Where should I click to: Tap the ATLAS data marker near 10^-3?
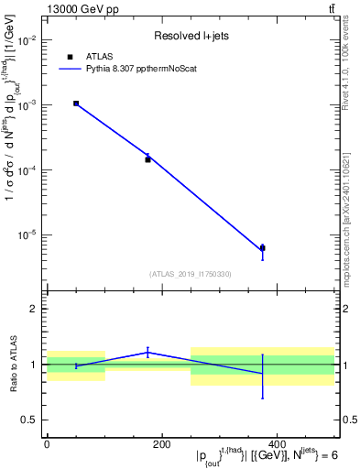(76, 104)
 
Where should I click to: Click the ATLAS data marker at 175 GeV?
(147, 159)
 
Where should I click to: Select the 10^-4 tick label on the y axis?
(26, 169)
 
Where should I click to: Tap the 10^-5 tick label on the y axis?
(26, 234)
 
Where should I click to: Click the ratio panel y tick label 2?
(32, 309)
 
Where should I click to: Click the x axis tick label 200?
(161, 443)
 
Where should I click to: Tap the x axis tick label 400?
(277, 443)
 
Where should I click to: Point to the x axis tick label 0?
(47, 443)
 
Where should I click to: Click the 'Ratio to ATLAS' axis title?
(13, 364)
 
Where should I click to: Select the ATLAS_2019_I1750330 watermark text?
(190, 274)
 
